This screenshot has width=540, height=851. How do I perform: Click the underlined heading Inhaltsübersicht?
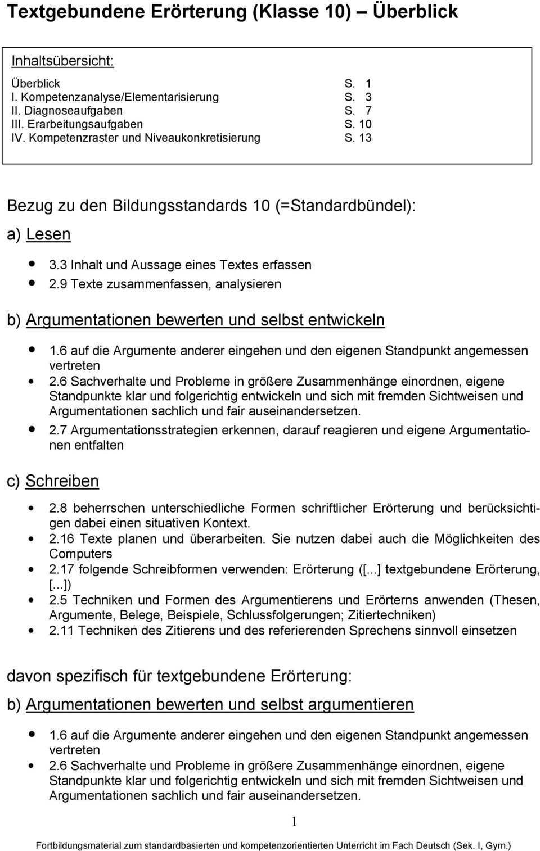click(x=62, y=61)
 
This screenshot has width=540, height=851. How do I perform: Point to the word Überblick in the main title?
click(x=416, y=11)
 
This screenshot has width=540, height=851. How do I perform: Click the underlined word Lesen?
click(x=48, y=234)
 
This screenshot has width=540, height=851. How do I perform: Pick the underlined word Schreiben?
click(x=62, y=481)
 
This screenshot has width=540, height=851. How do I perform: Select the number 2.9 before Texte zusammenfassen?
click(x=59, y=284)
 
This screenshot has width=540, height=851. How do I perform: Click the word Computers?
click(x=80, y=554)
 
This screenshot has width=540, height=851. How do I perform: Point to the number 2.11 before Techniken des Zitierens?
click(x=61, y=631)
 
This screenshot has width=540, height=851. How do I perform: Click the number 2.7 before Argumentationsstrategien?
click(x=58, y=431)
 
